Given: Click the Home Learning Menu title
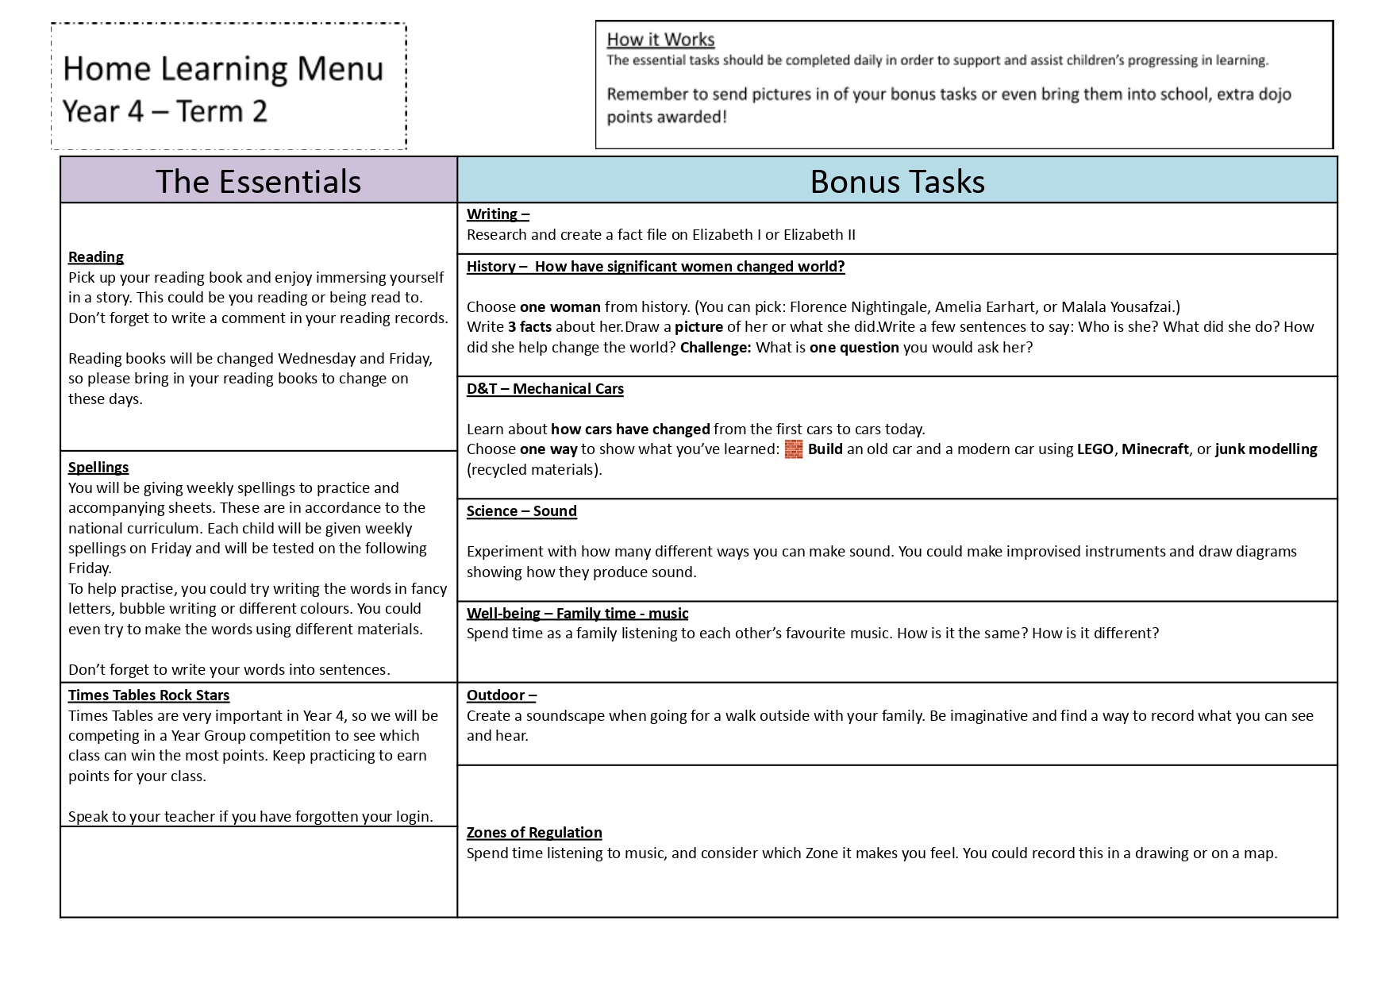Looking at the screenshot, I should click(223, 68).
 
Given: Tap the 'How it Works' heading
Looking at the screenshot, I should click(660, 40).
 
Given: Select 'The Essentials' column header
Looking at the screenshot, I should click(258, 181).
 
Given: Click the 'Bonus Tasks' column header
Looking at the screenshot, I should click(897, 181).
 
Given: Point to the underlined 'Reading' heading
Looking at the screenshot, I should click(96, 256).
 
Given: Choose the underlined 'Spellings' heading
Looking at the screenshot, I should click(98, 467).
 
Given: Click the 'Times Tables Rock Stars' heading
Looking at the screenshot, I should click(148, 695).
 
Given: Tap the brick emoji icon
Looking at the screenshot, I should click(794, 449).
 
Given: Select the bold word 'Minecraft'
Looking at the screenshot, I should click(1155, 449).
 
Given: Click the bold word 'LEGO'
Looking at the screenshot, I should click(1095, 449).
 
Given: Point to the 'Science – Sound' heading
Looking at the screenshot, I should click(521, 511).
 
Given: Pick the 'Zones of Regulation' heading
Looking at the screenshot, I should click(534, 832).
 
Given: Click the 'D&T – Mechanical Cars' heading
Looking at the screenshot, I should click(545, 389).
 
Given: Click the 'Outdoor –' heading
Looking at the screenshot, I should click(502, 695).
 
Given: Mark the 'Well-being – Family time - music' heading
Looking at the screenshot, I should click(577, 613).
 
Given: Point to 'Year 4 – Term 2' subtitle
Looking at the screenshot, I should click(165, 111).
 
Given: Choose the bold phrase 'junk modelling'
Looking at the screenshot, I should click(1266, 449).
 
